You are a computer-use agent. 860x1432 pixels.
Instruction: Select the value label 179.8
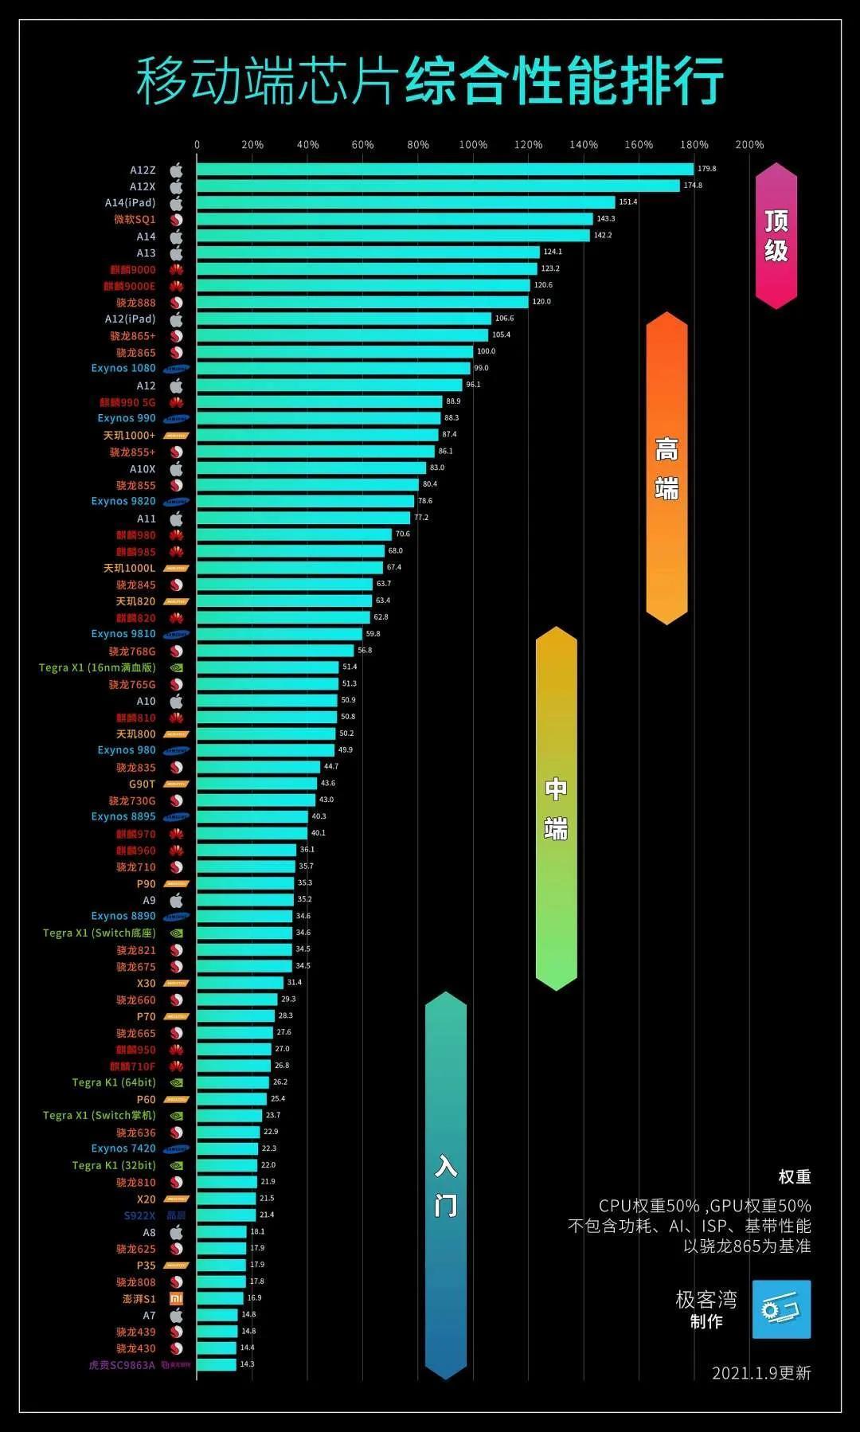(x=707, y=169)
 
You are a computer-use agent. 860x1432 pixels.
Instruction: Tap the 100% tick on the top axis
(x=473, y=145)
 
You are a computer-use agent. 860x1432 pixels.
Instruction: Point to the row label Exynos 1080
(x=123, y=368)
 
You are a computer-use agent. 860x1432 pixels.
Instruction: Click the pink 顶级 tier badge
(x=776, y=236)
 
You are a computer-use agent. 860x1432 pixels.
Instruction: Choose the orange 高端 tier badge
(x=666, y=468)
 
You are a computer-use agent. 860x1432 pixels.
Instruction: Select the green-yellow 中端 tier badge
(x=556, y=808)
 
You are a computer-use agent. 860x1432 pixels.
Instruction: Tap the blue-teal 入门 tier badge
(x=445, y=1185)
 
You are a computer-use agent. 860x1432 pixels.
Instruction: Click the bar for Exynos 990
(x=319, y=418)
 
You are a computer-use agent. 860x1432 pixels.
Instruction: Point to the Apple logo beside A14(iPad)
(x=176, y=203)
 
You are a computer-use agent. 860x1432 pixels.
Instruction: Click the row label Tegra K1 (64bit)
(x=114, y=1082)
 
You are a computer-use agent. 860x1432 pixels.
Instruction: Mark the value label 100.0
(x=486, y=351)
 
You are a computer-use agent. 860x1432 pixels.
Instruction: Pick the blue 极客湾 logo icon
(x=781, y=1309)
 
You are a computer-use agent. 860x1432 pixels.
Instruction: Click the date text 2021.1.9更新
(x=760, y=1373)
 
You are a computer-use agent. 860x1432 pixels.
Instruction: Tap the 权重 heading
(x=794, y=1177)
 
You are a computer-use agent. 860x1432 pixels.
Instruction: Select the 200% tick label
(x=749, y=145)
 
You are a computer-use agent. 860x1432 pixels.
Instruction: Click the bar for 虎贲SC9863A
(x=217, y=1364)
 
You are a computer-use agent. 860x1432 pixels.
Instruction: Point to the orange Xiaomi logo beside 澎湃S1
(x=176, y=1298)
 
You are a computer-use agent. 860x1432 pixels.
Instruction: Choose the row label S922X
(x=139, y=1215)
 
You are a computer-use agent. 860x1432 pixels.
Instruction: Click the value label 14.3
(x=247, y=1364)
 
